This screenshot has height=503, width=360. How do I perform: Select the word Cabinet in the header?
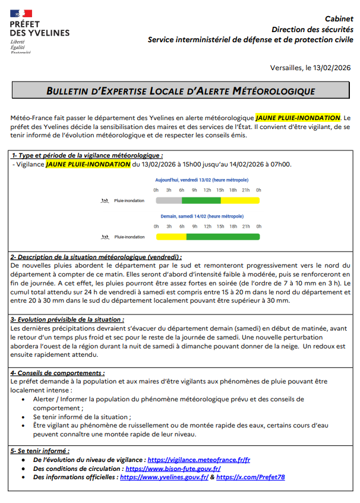[338, 19]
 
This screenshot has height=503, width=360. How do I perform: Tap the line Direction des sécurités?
[311, 29]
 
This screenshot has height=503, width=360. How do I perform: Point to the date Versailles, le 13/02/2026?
[311, 68]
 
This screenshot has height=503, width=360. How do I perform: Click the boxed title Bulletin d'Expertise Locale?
[181, 91]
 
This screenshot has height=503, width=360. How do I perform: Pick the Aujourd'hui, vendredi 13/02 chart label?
[201, 180]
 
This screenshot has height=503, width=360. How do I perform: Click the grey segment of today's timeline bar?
[168, 200]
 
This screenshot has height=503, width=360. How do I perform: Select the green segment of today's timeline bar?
[203, 200]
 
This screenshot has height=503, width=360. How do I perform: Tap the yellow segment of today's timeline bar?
[241, 200]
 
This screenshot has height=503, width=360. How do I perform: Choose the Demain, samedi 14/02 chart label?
[201, 216]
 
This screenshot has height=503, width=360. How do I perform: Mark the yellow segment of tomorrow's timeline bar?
[171, 237]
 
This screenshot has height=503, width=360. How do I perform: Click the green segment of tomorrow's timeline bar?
[223, 237]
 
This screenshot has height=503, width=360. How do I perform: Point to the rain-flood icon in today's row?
[106, 201]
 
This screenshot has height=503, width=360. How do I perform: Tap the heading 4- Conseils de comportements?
[62, 373]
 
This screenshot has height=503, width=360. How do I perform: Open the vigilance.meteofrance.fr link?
[198, 460]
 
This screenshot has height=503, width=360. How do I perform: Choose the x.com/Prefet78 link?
[250, 477]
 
